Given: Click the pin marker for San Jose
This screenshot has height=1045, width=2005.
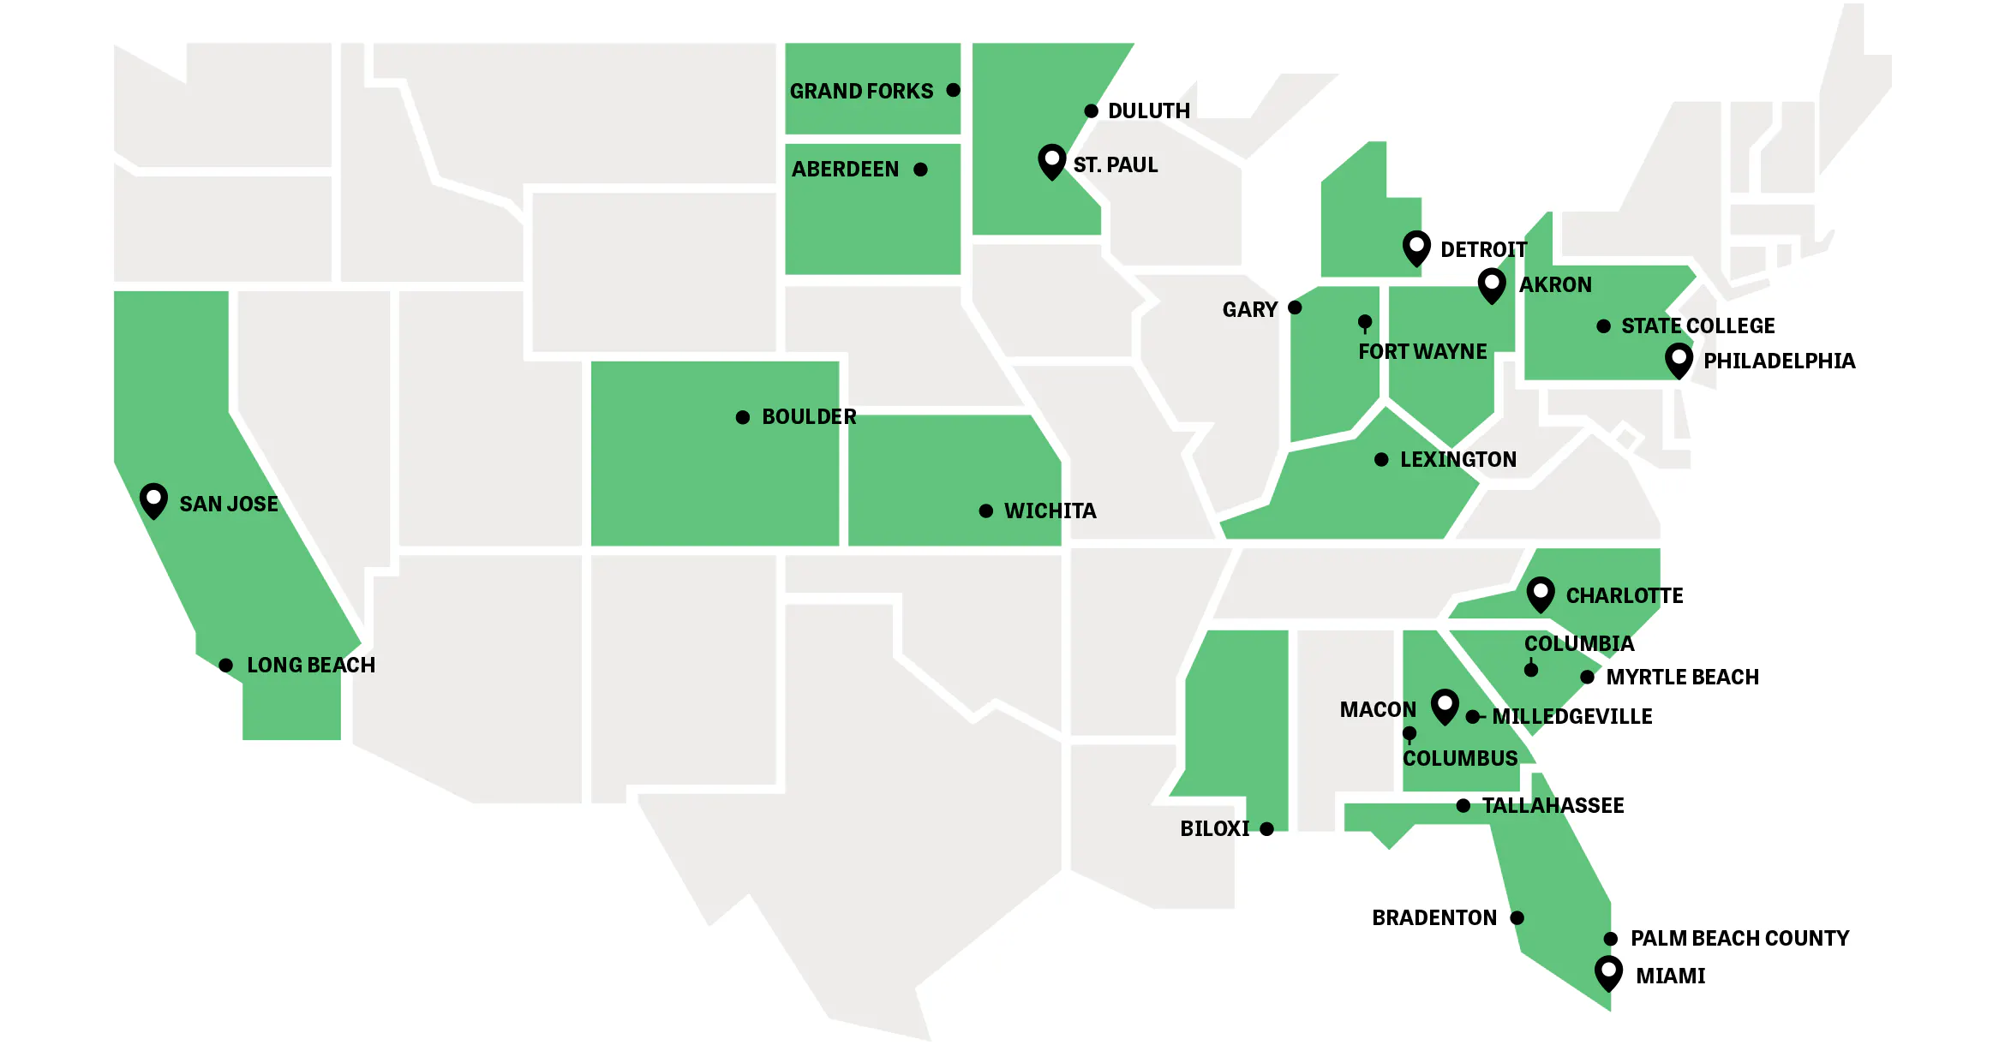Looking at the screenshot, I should pyautogui.click(x=153, y=499).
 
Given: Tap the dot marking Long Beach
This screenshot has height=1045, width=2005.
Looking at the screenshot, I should pyautogui.click(x=226, y=666).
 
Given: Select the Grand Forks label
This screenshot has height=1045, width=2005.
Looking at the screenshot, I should pyautogui.click(x=861, y=91).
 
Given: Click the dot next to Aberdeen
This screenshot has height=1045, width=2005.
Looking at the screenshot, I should pyautogui.click(x=921, y=170).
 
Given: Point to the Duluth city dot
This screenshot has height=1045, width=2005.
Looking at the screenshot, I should pyautogui.click(x=1091, y=111).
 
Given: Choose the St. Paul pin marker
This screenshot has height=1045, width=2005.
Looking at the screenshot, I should pyautogui.click(x=1051, y=160).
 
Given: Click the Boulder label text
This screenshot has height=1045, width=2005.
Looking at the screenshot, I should pyautogui.click(x=809, y=417).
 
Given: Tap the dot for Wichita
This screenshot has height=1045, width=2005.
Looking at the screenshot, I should pyautogui.click(x=986, y=511).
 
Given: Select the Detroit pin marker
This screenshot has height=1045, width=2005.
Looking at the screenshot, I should pyautogui.click(x=1416, y=247).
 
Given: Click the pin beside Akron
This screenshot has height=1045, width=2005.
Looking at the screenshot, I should pyautogui.click(x=1492, y=284).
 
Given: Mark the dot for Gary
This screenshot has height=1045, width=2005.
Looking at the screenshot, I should pyautogui.click(x=1296, y=308).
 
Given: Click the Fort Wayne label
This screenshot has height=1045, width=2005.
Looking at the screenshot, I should pyautogui.click(x=1422, y=352).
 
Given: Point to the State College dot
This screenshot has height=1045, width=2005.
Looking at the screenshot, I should pyautogui.click(x=1604, y=326).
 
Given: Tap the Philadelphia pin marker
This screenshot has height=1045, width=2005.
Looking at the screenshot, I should pyautogui.click(x=1679, y=359).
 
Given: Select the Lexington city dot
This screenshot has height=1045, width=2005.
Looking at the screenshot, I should pyautogui.click(x=1381, y=460).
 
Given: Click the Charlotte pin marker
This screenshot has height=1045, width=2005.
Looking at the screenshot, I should pyautogui.click(x=1541, y=593).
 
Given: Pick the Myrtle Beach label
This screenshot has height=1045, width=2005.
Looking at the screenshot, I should pyautogui.click(x=1682, y=678).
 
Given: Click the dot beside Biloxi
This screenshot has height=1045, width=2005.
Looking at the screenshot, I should pyautogui.click(x=1267, y=829).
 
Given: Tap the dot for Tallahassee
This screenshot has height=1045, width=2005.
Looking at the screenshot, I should pyautogui.click(x=1463, y=806).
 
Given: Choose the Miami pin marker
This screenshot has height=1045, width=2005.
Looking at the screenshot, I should pyautogui.click(x=1608, y=972).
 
